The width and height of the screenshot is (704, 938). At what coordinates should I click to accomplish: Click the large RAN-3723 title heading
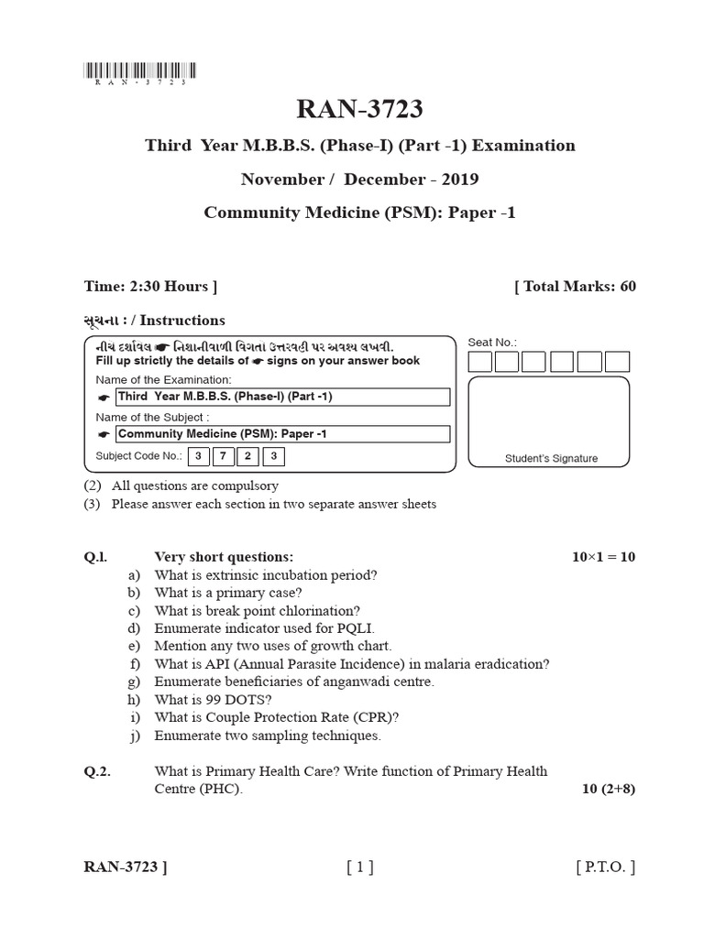click(x=359, y=109)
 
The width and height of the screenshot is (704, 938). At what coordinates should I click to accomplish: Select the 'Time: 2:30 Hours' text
click(x=150, y=287)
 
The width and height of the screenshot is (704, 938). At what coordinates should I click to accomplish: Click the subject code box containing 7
click(x=223, y=455)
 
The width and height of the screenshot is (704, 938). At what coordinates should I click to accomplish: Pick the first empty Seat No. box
click(x=479, y=362)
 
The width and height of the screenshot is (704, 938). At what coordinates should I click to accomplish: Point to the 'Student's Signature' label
click(x=551, y=458)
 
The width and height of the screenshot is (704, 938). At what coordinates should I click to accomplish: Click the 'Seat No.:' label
click(x=492, y=343)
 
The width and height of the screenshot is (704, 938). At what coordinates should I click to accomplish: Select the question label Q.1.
click(x=96, y=557)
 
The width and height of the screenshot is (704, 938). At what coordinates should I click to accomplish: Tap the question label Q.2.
click(x=97, y=771)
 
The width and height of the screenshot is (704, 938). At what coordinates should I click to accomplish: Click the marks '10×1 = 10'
click(x=602, y=557)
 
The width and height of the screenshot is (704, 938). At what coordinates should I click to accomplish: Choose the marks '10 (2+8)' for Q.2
click(x=609, y=789)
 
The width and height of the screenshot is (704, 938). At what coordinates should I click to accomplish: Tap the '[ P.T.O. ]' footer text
click(x=605, y=867)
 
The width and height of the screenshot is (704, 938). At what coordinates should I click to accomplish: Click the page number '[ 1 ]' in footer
click(x=359, y=867)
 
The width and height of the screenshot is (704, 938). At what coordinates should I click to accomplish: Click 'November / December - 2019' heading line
click(x=359, y=180)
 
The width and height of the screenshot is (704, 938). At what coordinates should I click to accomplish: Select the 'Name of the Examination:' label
click(x=164, y=379)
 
